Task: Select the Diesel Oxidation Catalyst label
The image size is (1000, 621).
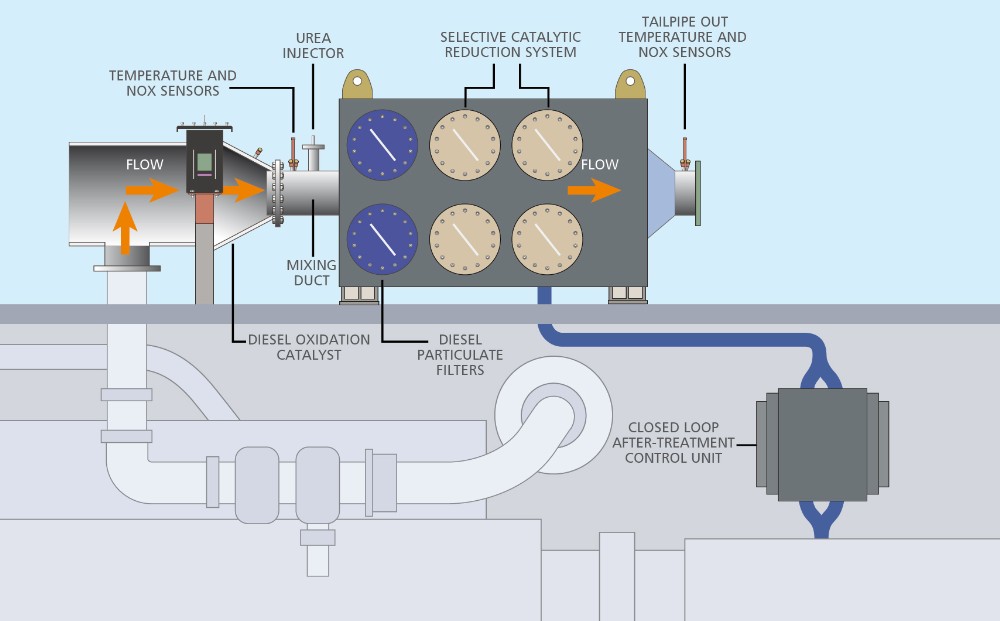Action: click(308, 346)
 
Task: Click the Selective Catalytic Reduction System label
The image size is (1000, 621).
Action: click(508, 44)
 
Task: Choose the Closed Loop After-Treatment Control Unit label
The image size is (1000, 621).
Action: click(679, 442)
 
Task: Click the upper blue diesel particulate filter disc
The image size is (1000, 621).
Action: click(382, 146)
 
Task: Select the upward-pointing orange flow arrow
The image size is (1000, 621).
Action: click(124, 228)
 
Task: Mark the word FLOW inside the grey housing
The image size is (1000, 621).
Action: click(599, 165)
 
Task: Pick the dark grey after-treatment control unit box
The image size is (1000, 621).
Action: click(822, 443)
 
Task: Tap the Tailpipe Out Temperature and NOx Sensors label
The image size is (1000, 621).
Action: click(682, 37)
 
